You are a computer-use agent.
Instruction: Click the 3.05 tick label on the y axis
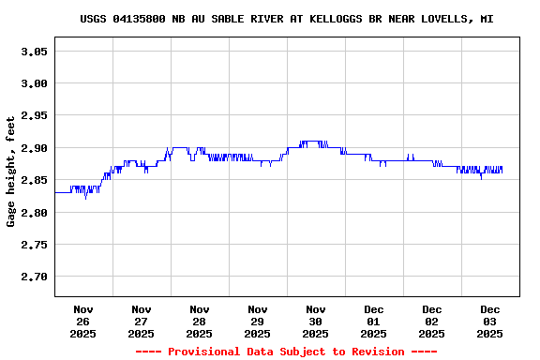click(x=34, y=52)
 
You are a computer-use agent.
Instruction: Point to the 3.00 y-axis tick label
click(x=34, y=83)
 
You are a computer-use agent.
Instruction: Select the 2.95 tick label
click(x=34, y=116)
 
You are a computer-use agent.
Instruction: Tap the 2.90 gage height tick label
click(x=34, y=148)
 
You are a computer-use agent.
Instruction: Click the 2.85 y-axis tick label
click(x=34, y=180)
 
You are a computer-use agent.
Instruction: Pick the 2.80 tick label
click(x=34, y=213)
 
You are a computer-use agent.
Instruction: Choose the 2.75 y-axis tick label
click(x=34, y=245)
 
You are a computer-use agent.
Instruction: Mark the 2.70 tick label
click(x=34, y=277)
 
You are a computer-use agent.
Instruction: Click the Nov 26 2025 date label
click(x=83, y=321)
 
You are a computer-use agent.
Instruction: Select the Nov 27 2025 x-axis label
click(x=142, y=321)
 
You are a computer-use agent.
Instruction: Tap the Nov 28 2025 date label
click(x=200, y=321)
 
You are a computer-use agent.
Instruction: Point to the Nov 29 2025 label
click(x=258, y=321)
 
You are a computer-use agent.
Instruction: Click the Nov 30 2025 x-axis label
click(x=316, y=321)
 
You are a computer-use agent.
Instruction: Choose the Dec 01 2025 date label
click(x=374, y=321)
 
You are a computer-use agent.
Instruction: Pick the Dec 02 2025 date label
click(x=432, y=321)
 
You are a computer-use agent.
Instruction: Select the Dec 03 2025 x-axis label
click(x=490, y=321)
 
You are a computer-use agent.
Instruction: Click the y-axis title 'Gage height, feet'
click(x=11, y=172)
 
